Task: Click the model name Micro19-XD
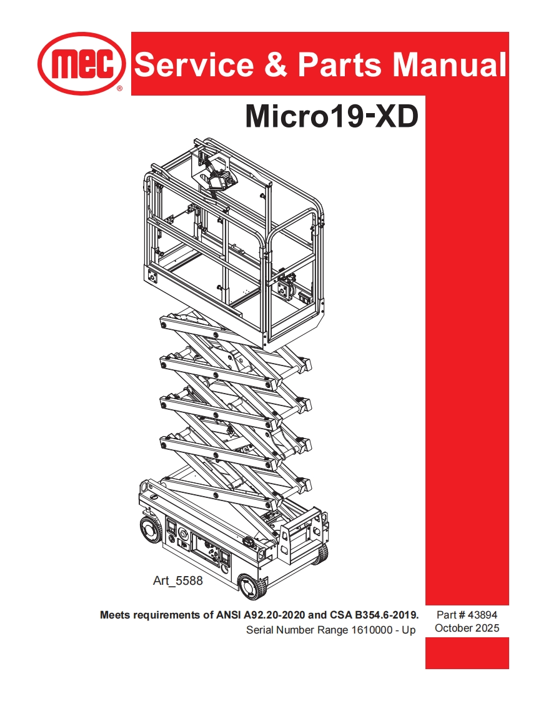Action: (331, 116)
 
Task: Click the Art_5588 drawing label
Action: (178, 581)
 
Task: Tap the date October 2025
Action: (467, 629)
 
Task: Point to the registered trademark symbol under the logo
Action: (120, 89)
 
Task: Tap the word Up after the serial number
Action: (409, 630)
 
